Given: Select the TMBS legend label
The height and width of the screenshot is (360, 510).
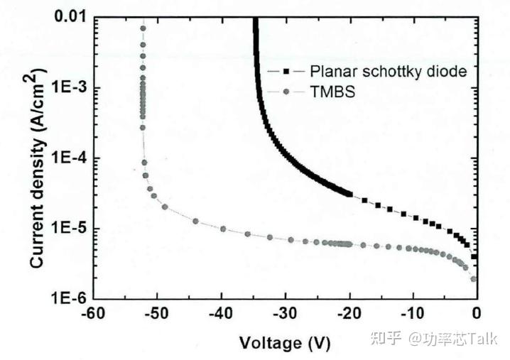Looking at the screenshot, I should pos(328,92).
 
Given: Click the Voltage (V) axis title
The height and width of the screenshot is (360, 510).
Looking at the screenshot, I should pos(285,344).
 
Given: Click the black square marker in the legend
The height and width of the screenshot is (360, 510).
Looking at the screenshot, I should pos(286,72).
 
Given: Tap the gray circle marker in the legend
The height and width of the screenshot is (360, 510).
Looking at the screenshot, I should pos(286,92).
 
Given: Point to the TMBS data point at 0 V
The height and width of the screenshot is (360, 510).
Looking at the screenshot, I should pos(474,278).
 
